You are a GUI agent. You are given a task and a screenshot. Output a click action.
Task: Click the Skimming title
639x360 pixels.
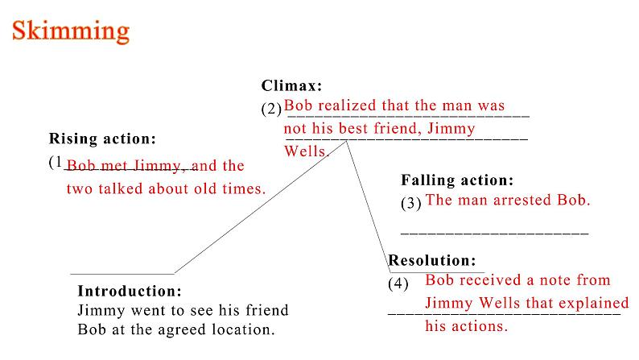70,30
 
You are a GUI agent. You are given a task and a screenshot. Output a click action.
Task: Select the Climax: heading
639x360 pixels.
291,85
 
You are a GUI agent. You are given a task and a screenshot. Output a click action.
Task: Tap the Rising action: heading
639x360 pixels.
102,139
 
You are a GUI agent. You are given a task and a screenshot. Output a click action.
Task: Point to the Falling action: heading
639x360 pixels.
456,180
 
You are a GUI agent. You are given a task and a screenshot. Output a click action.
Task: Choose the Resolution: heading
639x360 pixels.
432,261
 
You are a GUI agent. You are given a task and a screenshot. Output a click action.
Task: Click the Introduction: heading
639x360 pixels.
130,291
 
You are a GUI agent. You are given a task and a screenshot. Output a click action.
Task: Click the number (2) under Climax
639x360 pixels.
271,108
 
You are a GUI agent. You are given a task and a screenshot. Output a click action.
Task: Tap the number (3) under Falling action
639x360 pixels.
410,204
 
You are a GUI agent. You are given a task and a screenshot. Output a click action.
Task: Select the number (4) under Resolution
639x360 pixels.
398,283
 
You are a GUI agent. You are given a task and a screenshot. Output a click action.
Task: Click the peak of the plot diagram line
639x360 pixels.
347,141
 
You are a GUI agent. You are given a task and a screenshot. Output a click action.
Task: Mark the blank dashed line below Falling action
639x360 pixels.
494,233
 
